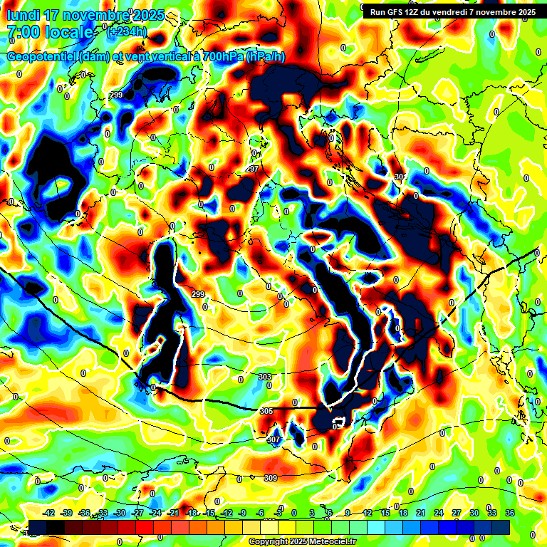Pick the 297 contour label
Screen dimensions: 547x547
251,169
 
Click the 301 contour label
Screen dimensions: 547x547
400,176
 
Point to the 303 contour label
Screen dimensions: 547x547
265,377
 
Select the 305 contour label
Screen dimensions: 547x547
266,411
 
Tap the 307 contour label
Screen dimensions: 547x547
273,440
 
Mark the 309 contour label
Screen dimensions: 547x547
270,478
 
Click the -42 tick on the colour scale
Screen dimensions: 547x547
49,513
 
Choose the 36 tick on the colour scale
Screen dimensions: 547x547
509,513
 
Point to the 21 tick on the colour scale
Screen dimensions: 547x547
421,513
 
